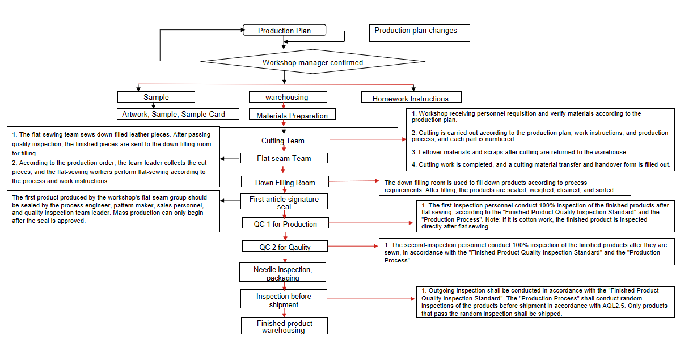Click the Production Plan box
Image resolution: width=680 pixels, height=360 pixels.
click(x=285, y=30)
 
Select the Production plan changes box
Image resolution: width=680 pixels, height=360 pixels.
click(x=420, y=33)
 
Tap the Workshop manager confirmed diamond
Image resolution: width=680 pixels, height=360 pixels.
click(x=312, y=62)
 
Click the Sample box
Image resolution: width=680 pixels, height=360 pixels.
click(x=156, y=97)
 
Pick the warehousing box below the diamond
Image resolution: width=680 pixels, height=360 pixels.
click(x=288, y=97)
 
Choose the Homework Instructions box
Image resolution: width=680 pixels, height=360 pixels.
click(x=411, y=98)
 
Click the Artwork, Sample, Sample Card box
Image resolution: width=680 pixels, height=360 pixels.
click(x=174, y=114)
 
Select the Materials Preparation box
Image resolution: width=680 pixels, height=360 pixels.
click(x=292, y=115)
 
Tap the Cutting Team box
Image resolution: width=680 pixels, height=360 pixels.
click(x=283, y=140)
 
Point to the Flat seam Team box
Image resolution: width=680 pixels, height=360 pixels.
click(x=284, y=158)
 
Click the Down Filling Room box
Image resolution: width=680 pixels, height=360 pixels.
click(x=285, y=182)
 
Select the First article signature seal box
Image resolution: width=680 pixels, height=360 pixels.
click(x=284, y=202)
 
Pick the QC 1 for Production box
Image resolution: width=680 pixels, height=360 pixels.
click(x=285, y=223)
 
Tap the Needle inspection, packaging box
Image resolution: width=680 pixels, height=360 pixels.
click(x=283, y=273)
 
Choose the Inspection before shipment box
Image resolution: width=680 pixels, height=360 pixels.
click(x=284, y=299)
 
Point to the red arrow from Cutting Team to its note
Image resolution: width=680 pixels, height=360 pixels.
click(x=368, y=139)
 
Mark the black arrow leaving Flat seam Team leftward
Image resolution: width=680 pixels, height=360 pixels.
click(x=230, y=158)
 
